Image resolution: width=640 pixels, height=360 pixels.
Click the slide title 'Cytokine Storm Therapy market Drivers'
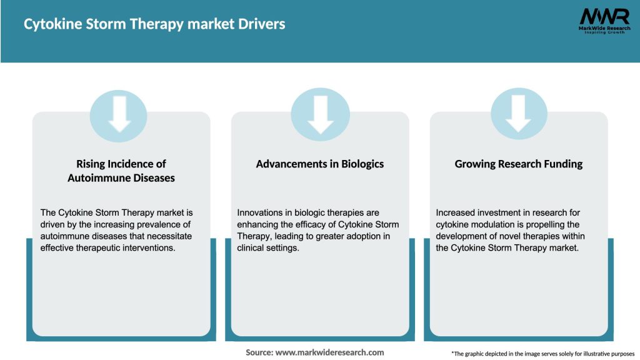(x=154, y=24)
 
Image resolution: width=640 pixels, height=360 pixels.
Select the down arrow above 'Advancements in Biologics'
(x=320, y=114)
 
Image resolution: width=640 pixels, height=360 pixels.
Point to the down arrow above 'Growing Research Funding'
(x=518, y=114)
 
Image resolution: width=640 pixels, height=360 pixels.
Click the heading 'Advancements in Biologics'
(x=320, y=164)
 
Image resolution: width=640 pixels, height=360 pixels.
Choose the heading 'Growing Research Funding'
(x=518, y=164)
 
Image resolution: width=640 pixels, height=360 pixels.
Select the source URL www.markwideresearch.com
(x=329, y=352)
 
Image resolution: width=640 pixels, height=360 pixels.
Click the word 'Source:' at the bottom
(x=259, y=352)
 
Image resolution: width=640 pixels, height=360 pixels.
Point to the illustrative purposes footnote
(x=542, y=354)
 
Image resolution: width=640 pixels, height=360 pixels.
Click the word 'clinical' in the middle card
(x=252, y=248)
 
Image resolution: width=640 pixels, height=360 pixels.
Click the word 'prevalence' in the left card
(x=155, y=224)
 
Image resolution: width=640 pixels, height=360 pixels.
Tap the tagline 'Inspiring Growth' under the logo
(x=604, y=32)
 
